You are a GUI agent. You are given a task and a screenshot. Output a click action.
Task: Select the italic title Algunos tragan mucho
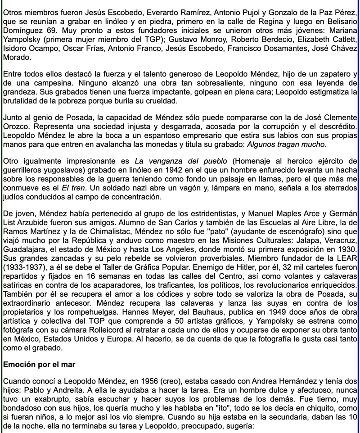coord(285,144)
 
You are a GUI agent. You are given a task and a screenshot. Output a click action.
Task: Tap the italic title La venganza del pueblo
coord(175,161)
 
